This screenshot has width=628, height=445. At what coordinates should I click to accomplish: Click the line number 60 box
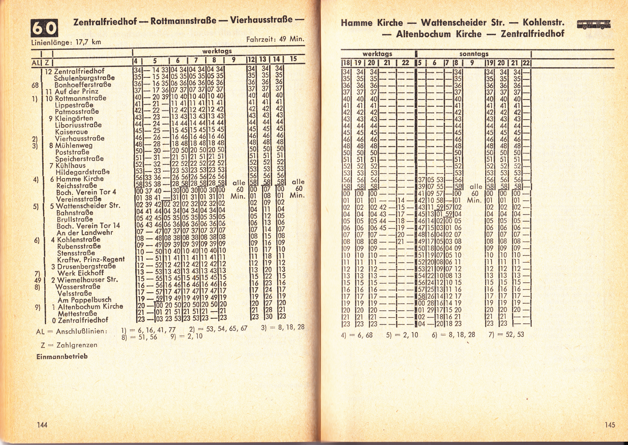click(x=44, y=28)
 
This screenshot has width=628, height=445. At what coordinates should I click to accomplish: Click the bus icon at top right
click(x=593, y=25)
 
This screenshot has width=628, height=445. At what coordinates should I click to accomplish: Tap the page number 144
click(x=42, y=425)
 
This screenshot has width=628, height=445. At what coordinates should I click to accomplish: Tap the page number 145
click(x=610, y=425)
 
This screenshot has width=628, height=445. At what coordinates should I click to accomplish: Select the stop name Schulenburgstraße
click(x=84, y=78)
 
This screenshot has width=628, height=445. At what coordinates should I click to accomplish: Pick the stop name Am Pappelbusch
click(x=85, y=300)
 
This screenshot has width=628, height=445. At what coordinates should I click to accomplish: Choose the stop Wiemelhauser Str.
click(x=88, y=280)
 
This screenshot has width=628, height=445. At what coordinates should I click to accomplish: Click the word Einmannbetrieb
click(x=62, y=357)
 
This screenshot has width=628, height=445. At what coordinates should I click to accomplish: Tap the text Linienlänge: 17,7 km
click(x=66, y=42)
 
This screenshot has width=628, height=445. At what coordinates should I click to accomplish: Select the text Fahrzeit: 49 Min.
click(x=275, y=39)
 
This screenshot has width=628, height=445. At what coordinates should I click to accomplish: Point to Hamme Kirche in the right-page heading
click(x=372, y=23)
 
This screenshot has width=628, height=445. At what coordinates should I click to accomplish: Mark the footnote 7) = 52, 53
click(x=506, y=335)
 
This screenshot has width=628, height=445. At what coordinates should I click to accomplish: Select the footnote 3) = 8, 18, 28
click(x=283, y=327)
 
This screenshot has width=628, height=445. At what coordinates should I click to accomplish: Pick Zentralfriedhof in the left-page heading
click(x=105, y=21)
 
